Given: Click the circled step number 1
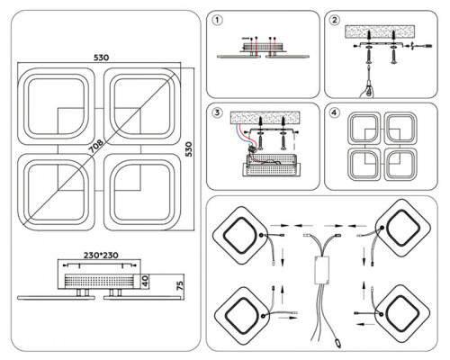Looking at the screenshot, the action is tap(217, 21).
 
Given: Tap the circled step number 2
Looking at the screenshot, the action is tap(335, 21).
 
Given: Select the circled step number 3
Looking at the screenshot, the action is tap(217, 112).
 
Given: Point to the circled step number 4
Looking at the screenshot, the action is tap(335, 112).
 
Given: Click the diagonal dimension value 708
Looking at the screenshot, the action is tap(95, 146).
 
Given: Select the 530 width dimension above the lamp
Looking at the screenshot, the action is tap(101, 58).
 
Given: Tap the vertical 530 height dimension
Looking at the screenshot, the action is tap(189, 149).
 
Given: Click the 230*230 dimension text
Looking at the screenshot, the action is tap(101, 256).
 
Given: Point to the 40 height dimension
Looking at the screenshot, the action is tap(145, 281).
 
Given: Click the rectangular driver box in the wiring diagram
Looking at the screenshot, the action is tap(321, 270).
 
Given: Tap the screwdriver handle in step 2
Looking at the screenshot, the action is tap(368, 91).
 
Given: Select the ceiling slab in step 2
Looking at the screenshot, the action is tap(380, 31).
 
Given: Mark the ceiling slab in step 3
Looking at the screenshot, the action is tap(265, 118).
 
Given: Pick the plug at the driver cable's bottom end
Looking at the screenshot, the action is tap(337, 342).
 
